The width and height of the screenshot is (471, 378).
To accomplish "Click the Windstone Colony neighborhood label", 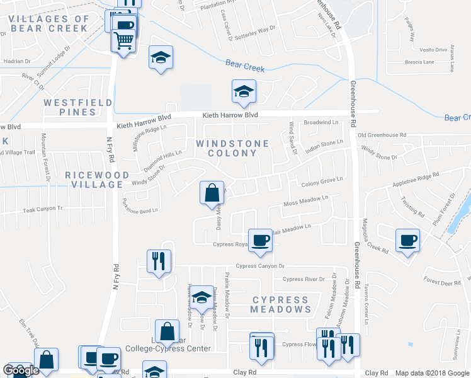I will pyautogui.click(x=232, y=149).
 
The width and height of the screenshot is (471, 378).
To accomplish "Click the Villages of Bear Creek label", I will pyautogui.click(x=49, y=23).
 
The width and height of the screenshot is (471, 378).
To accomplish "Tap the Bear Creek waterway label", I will pyautogui.click(x=245, y=65).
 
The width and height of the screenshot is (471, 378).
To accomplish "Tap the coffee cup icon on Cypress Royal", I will pyautogui.click(x=259, y=240).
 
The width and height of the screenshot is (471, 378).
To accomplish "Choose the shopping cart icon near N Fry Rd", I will pyautogui.click(x=123, y=41).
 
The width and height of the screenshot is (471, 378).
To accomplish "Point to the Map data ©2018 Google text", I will pyautogui.click(x=433, y=373).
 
